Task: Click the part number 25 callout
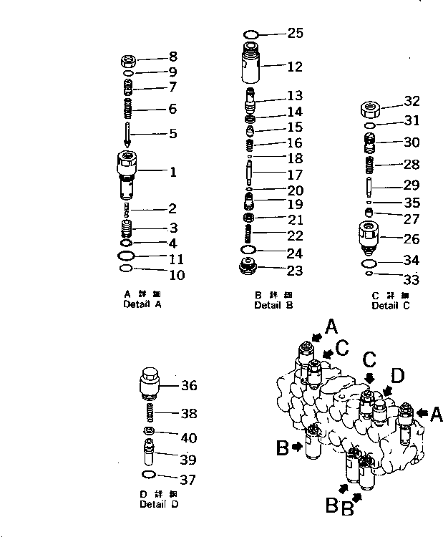click(296, 33)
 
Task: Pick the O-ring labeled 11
click(126, 256)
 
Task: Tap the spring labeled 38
click(149, 414)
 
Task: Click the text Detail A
click(143, 304)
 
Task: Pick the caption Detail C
click(390, 306)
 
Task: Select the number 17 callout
click(295, 174)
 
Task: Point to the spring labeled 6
click(126, 110)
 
